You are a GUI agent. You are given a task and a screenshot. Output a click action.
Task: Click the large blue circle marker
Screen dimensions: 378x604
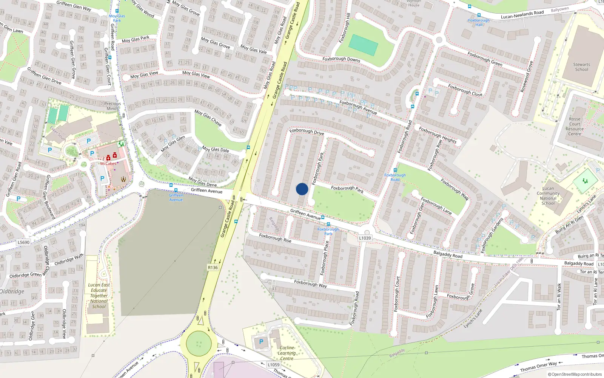(x=302, y=189)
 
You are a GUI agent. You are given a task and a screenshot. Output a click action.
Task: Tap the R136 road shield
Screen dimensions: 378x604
(x=213, y=268)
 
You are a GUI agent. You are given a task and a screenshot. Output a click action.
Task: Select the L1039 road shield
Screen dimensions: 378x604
(x=365, y=238)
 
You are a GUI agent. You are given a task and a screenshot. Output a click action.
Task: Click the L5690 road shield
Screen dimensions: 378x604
(x=23, y=242)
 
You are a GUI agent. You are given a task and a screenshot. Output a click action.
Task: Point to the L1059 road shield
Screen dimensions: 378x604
(x=273, y=365)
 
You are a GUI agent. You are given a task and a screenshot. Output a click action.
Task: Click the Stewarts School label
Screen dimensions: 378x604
(x=581, y=67)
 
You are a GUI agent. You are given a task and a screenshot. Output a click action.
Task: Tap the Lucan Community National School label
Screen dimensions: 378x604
(x=548, y=195)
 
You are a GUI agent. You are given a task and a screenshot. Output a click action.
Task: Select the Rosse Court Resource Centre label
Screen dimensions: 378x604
(x=575, y=126)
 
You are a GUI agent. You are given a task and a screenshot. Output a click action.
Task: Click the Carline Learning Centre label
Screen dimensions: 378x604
(x=287, y=353)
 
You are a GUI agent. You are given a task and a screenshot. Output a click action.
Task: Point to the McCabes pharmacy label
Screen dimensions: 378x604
(x=108, y=164)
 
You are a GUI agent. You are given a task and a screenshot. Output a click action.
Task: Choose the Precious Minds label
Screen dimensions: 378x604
(x=112, y=106)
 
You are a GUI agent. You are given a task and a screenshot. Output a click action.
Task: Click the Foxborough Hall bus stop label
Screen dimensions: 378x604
(x=479, y=22)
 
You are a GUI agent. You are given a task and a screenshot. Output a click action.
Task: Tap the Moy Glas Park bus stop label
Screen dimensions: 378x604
(x=117, y=18)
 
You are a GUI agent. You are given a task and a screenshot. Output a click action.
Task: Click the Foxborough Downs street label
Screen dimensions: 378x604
(x=341, y=59)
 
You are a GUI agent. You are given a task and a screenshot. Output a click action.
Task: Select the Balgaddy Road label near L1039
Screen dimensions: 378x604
(x=448, y=254)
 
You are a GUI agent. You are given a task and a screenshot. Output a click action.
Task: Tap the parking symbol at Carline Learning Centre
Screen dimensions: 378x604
(x=261, y=342)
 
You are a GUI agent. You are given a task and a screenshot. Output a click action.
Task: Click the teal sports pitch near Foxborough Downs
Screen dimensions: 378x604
(x=363, y=45)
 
